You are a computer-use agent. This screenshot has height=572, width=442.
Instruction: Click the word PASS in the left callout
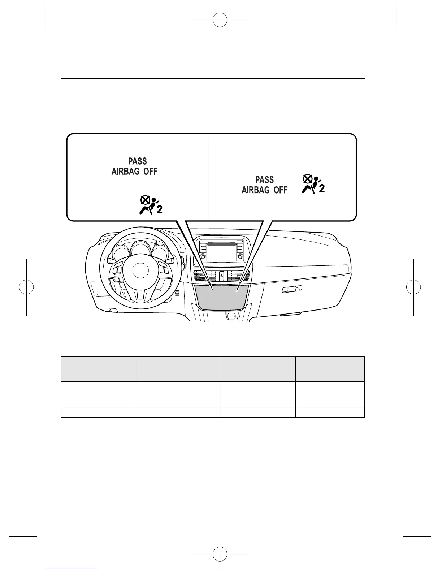(x=138, y=161)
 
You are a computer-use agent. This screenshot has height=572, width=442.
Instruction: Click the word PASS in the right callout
(x=264, y=180)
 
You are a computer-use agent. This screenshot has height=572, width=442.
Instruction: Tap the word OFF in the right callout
(x=281, y=190)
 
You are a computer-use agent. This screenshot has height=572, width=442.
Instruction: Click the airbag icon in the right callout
(x=313, y=185)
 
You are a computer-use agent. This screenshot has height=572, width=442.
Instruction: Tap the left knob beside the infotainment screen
(x=203, y=256)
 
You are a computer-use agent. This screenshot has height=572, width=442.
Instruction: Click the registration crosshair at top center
(x=220, y=21)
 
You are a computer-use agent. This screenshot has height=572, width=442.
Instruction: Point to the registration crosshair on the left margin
(x=27, y=287)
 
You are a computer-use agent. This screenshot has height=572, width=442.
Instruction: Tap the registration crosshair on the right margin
(x=414, y=287)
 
